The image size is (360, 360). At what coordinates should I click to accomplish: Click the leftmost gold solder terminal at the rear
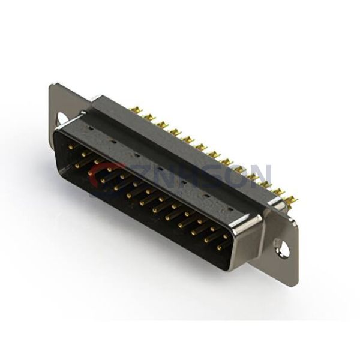pos(134,109)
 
